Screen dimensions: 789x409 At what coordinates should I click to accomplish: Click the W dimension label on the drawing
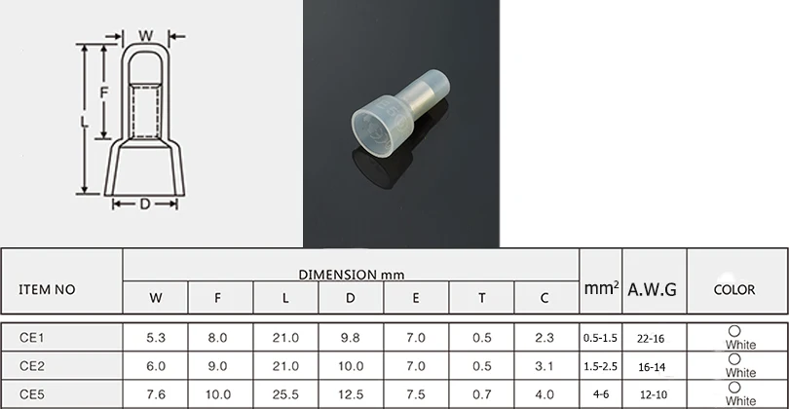[x=146, y=36]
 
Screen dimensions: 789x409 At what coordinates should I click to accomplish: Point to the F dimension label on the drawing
[x=103, y=93]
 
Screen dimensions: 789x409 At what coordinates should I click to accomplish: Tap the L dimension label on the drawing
[x=84, y=122]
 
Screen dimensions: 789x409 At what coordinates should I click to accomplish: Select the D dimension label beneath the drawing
[x=145, y=204]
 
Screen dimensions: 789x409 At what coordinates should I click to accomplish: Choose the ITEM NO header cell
[x=47, y=290]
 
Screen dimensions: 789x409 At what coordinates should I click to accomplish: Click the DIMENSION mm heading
[x=352, y=275]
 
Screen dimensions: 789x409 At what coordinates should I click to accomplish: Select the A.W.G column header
[x=652, y=289]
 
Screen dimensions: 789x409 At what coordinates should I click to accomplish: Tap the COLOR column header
[x=734, y=290]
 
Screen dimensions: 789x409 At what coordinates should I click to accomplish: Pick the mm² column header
[x=601, y=288]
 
